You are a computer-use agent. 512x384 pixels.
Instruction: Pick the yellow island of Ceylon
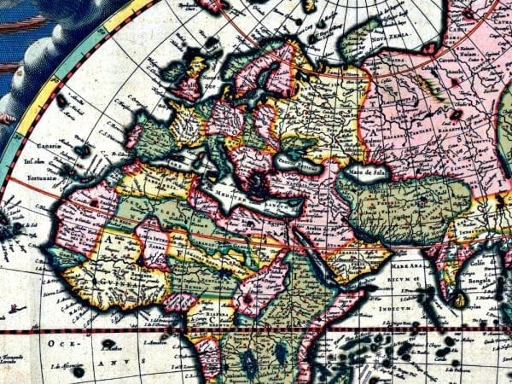tap(461, 300)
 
